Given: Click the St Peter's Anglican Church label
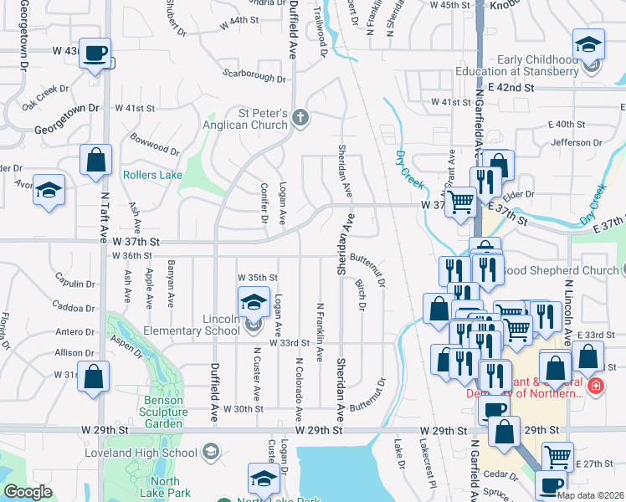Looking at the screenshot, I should pos(252,119).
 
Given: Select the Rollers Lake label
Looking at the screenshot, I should pos(151,175).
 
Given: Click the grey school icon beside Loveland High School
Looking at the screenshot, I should pos(212,453).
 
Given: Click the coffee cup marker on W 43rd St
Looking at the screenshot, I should pos(95,54).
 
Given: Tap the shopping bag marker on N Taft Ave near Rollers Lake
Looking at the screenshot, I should pos(95,159).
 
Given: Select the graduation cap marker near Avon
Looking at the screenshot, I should pos(49,190).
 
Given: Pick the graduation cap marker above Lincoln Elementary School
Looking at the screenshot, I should pos(254,302).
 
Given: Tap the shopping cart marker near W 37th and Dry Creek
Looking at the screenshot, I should pos(460,202).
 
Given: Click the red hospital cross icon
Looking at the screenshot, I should pos(594,387).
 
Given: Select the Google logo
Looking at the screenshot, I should pos(27,492).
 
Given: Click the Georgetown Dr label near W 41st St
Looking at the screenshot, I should pos(67,131).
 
